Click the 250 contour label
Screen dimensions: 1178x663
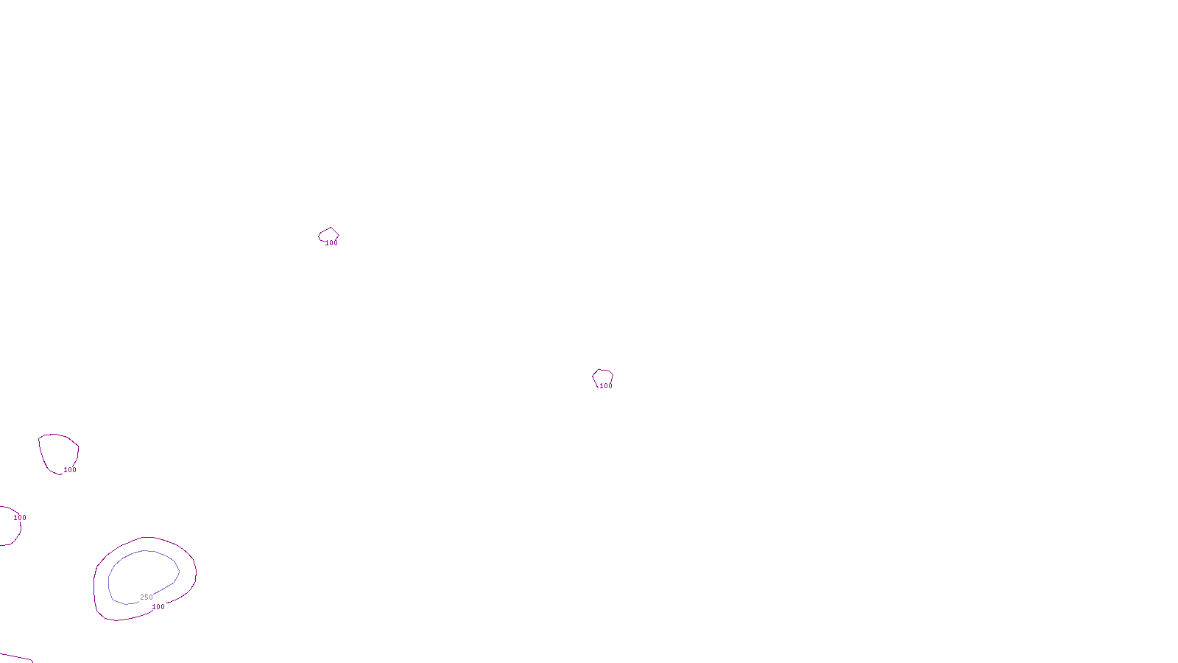click(147, 597)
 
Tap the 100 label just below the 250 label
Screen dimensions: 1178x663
click(158, 607)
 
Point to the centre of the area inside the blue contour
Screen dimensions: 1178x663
click(144, 576)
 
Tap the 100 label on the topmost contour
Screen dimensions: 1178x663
click(331, 243)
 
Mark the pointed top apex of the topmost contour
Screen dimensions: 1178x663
click(331, 228)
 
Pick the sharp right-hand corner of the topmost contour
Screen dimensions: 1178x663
click(338, 236)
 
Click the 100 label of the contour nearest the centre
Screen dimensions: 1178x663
click(606, 386)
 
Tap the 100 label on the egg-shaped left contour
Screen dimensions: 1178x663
click(70, 470)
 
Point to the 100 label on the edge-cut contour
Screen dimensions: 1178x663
click(20, 518)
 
